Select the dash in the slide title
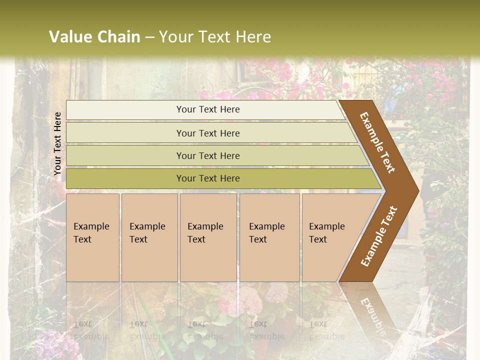149,37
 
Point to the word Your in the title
175,37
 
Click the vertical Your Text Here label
57,143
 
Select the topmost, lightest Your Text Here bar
207,109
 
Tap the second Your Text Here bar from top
207,133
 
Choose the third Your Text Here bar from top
207,155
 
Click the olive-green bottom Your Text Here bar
207,178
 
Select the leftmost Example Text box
92,237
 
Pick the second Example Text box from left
149,237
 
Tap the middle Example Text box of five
207,237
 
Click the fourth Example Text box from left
269,237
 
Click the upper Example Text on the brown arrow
377,142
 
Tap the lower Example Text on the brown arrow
379,236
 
